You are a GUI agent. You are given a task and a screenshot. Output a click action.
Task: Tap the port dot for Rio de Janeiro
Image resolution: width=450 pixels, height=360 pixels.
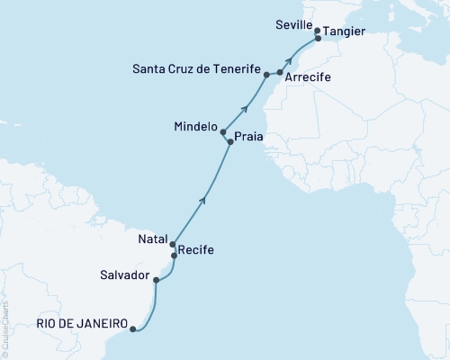pos(133,329)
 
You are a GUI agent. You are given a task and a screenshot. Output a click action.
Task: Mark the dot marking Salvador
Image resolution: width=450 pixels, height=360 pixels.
pos(157,280)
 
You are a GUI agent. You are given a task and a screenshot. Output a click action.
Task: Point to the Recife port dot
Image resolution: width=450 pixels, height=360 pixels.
pos(175,256)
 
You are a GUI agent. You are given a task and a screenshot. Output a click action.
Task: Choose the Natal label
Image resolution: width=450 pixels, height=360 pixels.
pos(152,240)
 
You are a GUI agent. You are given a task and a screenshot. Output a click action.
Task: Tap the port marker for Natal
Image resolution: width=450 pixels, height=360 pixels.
pos(172,243)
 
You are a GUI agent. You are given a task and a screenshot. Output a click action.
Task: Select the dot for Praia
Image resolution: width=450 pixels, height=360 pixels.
pos(231,142)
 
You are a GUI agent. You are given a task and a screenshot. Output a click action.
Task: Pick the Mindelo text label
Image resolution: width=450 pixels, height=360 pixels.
pos(196,127)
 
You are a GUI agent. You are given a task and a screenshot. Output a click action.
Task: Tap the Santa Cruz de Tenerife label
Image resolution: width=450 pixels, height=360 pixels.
pos(197,68)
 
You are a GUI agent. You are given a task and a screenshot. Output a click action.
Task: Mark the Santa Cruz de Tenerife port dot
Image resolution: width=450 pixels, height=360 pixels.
pos(267,74)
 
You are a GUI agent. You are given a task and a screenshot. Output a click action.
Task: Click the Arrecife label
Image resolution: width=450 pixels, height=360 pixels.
pos(307,78)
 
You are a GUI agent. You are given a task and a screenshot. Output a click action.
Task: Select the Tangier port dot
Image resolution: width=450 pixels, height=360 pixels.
pos(319,39)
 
